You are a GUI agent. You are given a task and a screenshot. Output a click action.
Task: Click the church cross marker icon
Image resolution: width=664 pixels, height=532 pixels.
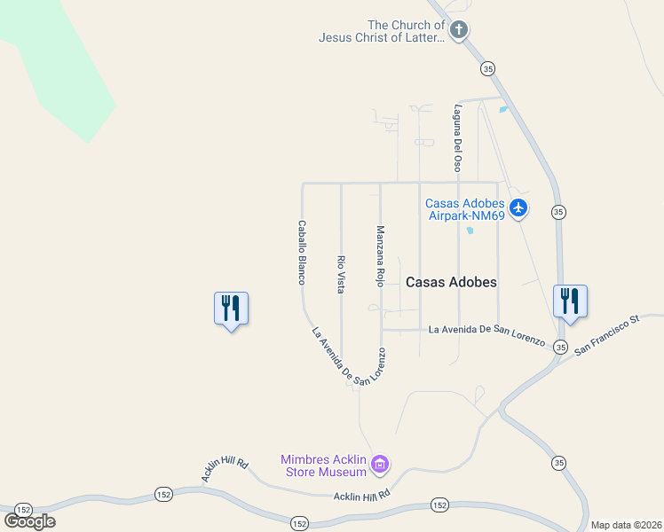458,31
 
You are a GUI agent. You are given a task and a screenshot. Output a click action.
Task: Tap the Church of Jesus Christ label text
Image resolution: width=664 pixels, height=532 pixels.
382,31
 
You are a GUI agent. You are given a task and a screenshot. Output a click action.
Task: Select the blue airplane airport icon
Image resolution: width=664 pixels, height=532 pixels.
518,208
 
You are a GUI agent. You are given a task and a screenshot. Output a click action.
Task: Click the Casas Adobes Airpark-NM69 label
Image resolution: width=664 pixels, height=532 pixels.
466,209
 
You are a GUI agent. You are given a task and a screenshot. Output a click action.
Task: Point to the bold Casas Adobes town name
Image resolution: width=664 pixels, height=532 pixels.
451,282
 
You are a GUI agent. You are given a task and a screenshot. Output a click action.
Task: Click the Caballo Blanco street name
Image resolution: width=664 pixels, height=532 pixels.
302,253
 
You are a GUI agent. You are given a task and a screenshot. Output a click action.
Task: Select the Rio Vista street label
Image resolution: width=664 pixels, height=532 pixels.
341,274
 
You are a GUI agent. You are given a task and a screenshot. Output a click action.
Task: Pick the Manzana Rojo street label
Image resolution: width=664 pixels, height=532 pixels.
380,256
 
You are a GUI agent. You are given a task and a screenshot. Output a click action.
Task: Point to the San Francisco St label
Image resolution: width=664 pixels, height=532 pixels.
606,335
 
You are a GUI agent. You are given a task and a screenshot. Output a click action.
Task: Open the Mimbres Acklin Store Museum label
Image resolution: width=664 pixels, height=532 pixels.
323,465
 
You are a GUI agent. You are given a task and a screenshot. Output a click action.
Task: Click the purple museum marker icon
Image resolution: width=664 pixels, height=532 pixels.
380,464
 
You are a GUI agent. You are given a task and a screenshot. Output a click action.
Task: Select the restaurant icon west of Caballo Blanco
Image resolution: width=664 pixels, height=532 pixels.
231,309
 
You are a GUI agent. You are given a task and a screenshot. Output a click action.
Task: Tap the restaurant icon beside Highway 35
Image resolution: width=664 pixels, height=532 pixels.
569,301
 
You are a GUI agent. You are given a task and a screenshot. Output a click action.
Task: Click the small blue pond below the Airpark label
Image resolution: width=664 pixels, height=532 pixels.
469,231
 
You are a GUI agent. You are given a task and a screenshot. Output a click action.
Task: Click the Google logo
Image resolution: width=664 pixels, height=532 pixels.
29,521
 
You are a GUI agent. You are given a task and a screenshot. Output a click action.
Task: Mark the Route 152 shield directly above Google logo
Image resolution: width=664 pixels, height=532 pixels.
23,510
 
